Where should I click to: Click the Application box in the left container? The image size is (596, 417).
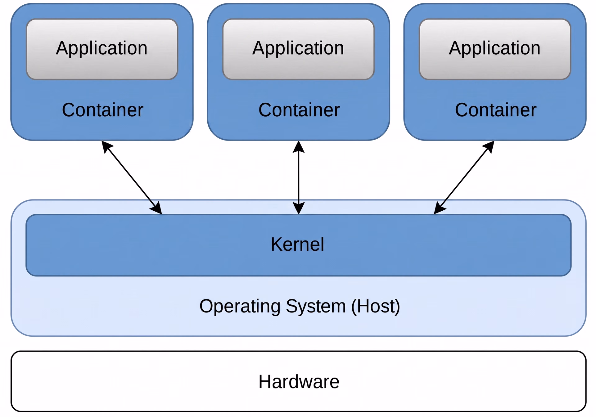pos(102,49)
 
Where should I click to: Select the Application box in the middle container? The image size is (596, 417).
pos(299,49)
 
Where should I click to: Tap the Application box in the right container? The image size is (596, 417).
pos(495,49)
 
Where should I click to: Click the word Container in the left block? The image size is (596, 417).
pos(102,110)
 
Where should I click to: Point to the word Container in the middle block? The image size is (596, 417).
pos(299,110)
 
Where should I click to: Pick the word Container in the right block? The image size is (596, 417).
pos(496,110)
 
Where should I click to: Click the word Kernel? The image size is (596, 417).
pos(297,244)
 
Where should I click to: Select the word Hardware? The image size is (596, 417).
pos(299,382)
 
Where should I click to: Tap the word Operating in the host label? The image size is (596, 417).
pos(240,307)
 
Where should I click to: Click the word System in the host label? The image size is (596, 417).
pos(316,307)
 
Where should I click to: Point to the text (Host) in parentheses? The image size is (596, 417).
pos(376,307)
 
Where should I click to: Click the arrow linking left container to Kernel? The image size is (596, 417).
pos(132,177)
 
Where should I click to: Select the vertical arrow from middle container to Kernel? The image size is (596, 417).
pos(299,177)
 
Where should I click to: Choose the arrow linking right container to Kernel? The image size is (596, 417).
pos(464,177)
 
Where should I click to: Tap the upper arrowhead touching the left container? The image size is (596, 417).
pos(107,146)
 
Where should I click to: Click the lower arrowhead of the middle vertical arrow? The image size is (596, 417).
pos(299,208)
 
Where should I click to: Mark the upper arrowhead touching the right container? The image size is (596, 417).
pos(490,146)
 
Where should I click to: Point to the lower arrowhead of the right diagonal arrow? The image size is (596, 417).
pos(439,208)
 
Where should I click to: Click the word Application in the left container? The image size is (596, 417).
pos(102,49)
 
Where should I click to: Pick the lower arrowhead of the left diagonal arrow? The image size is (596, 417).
pos(157,208)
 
